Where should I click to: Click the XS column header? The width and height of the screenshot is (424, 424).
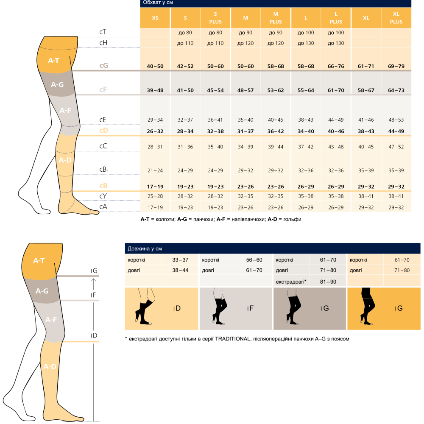(x=155, y=18)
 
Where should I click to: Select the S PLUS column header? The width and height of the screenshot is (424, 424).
(x=215, y=18)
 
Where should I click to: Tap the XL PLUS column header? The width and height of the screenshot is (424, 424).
(x=396, y=18)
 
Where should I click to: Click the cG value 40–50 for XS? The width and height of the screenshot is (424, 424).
(x=155, y=66)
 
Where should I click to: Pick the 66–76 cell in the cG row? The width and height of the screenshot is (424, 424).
(x=336, y=66)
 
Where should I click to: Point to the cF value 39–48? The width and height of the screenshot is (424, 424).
(x=155, y=90)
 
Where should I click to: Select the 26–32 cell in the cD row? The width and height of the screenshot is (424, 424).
(x=155, y=131)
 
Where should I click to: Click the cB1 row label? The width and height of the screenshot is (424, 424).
(x=104, y=170)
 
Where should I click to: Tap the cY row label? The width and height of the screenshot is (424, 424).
(x=103, y=196)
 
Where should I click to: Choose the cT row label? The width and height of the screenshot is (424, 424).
(x=103, y=32)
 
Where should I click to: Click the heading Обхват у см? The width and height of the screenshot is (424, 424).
(x=158, y=3)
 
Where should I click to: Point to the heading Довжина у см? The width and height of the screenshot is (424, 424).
(x=145, y=248)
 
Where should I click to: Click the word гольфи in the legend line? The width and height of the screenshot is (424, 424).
(x=292, y=219)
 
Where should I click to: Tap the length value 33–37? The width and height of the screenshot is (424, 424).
(x=180, y=260)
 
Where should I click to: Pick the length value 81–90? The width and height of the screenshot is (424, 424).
(x=328, y=282)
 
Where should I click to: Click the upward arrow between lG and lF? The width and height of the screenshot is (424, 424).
(x=94, y=284)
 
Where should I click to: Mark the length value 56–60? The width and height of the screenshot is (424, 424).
(x=254, y=260)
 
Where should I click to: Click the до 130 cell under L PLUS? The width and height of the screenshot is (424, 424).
(x=336, y=43)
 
